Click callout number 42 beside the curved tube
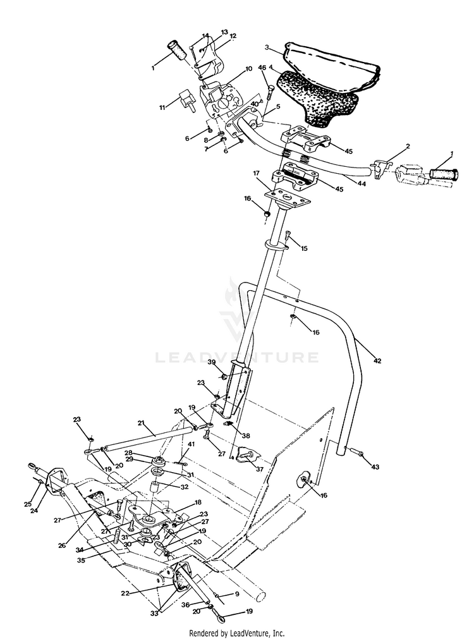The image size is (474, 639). (x=377, y=361)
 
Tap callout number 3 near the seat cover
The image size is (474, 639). (x=268, y=47)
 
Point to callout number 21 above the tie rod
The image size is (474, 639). (x=141, y=423)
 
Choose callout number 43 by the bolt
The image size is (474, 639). (x=375, y=466)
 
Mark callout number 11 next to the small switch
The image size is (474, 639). (x=162, y=108)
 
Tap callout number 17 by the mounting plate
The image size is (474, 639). (x=257, y=173)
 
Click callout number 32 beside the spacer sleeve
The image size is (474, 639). (x=185, y=487)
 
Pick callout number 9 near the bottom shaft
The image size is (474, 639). (x=236, y=594)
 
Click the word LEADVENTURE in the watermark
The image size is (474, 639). (x=237, y=358)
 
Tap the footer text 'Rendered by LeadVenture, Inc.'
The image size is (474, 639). (x=237, y=633)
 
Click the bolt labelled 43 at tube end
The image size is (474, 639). (x=355, y=452)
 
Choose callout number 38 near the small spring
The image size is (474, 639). (x=245, y=436)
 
